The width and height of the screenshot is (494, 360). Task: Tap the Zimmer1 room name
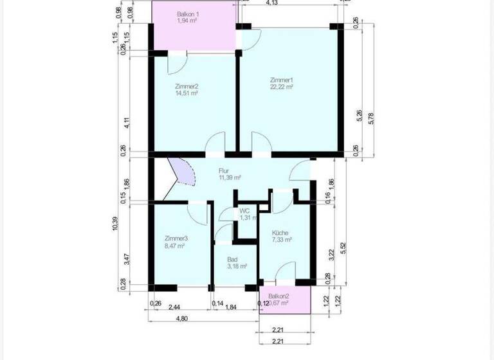point(282,80)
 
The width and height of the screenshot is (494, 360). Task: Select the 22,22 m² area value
point(282,87)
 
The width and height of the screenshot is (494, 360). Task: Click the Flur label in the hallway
point(224,170)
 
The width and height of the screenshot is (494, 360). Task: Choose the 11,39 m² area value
point(230,177)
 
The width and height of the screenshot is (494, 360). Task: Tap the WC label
point(244,211)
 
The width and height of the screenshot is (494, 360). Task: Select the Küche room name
point(280,233)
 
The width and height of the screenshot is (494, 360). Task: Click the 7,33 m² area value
point(282,240)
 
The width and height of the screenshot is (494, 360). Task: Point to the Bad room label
point(232,260)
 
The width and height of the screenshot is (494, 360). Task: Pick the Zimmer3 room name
point(175,239)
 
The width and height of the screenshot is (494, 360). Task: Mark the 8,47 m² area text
point(175,246)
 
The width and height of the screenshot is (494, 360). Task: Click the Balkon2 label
point(279,296)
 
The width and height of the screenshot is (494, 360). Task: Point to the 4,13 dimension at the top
point(271,3)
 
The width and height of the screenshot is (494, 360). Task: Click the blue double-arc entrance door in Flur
point(183,172)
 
